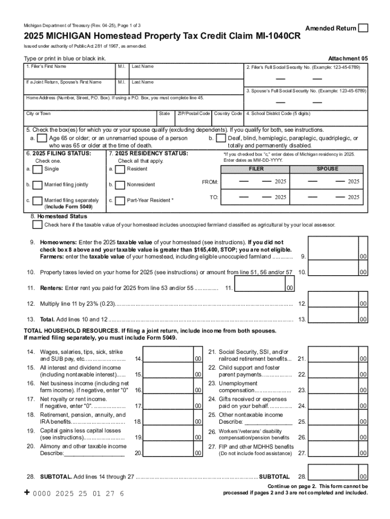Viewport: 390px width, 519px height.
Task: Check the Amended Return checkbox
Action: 363,28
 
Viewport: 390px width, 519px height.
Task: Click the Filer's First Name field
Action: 70,72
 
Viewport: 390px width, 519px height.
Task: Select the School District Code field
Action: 306,120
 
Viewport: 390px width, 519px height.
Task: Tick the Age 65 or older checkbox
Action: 43,138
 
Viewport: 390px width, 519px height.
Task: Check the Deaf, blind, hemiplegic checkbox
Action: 220,138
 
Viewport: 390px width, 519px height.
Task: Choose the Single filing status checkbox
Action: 37,169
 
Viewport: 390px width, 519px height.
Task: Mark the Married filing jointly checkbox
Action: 37,184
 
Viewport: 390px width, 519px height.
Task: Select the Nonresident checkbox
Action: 120,184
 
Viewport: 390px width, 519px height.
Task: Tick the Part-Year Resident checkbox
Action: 120,200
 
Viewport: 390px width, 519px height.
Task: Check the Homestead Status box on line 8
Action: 37,225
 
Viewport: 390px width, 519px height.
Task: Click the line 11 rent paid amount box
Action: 259,284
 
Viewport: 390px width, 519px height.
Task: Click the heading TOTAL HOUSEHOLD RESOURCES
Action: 61,330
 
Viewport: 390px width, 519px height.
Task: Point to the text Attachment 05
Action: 347,58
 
